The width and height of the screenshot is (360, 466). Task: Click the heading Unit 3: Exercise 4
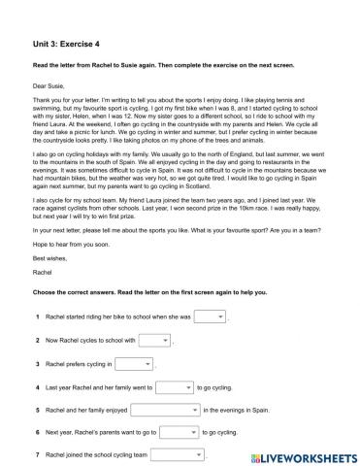pyautogui.click(x=62, y=42)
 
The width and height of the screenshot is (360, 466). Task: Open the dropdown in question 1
pyautogui.click(x=210, y=317)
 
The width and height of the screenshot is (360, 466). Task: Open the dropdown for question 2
pyautogui.click(x=152, y=340)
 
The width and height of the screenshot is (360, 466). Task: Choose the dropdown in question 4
pyautogui.click(x=175, y=386)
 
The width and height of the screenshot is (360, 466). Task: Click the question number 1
pyautogui.click(x=36, y=318)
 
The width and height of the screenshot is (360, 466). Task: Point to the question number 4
pyautogui.click(x=36, y=387)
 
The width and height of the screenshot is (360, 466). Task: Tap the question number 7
pyautogui.click(x=36, y=455)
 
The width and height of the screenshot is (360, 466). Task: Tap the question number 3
pyautogui.click(x=36, y=364)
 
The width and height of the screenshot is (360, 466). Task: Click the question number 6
pyautogui.click(x=36, y=433)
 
